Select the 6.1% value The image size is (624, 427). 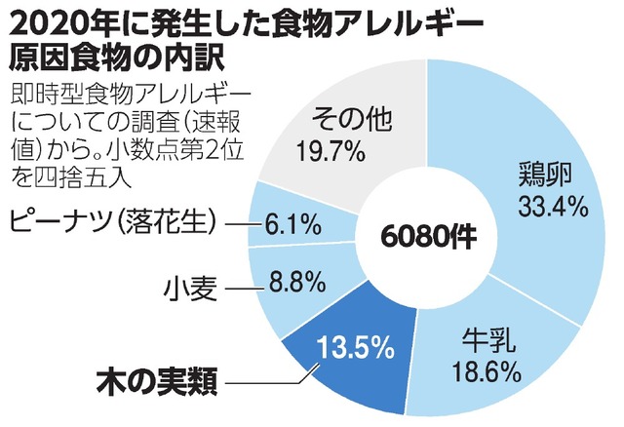pyautogui.click(x=295, y=227)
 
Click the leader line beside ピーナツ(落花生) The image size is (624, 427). pyautogui.click(x=244, y=226)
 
